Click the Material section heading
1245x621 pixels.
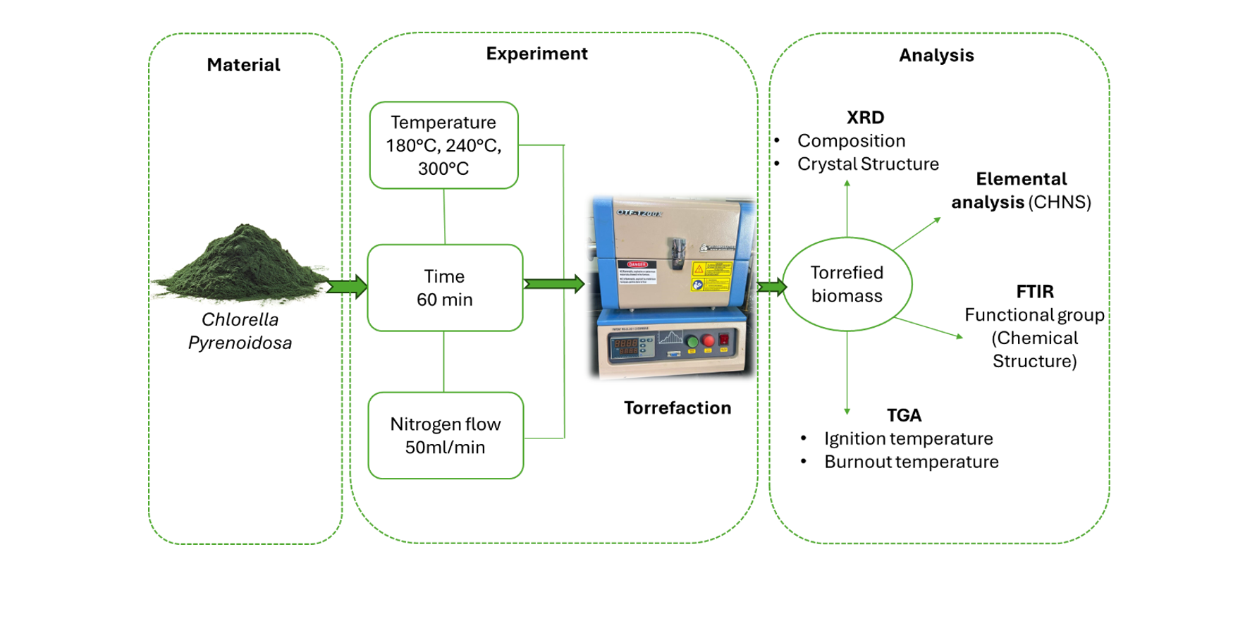click(243, 65)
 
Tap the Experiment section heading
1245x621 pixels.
click(536, 54)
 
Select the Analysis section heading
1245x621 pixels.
click(936, 55)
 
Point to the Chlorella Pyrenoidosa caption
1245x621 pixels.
click(240, 331)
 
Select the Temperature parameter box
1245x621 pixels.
click(443, 145)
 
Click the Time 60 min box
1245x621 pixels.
click(444, 288)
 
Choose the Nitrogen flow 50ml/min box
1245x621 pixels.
click(445, 436)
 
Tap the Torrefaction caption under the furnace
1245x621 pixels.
click(677, 407)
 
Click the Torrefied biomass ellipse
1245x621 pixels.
click(847, 284)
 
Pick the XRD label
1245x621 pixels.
click(865, 117)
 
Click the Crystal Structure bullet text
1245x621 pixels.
click(868, 164)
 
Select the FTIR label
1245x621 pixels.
click(1035, 291)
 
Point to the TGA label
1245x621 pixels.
click(904, 415)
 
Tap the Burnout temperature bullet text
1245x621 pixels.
click(911, 462)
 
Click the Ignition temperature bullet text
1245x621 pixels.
click(908, 438)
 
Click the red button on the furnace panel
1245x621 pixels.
click(708, 340)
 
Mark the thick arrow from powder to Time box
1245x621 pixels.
click(348, 286)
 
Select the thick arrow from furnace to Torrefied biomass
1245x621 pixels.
click(772, 286)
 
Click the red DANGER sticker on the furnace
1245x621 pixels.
click(637, 265)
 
